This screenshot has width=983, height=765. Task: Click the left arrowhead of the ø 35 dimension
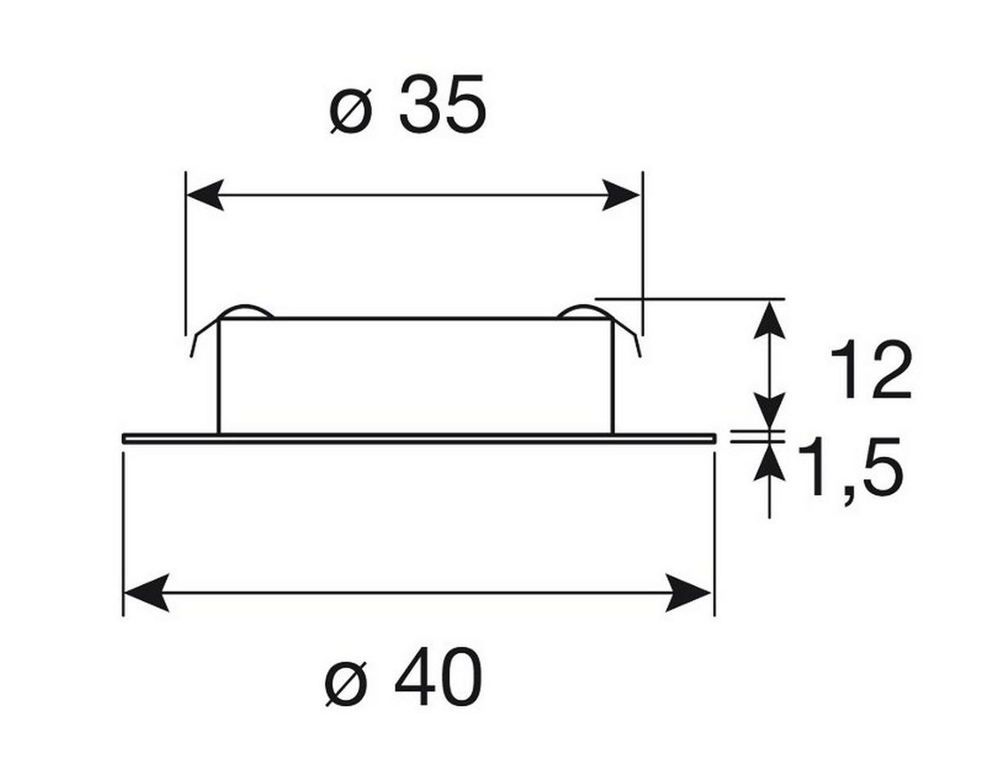(x=205, y=195)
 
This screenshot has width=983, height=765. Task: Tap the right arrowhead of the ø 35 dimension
(x=621, y=195)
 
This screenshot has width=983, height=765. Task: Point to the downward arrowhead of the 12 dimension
(x=769, y=410)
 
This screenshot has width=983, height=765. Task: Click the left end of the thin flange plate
(x=124, y=438)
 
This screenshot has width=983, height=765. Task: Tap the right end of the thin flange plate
(x=715, y=438)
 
